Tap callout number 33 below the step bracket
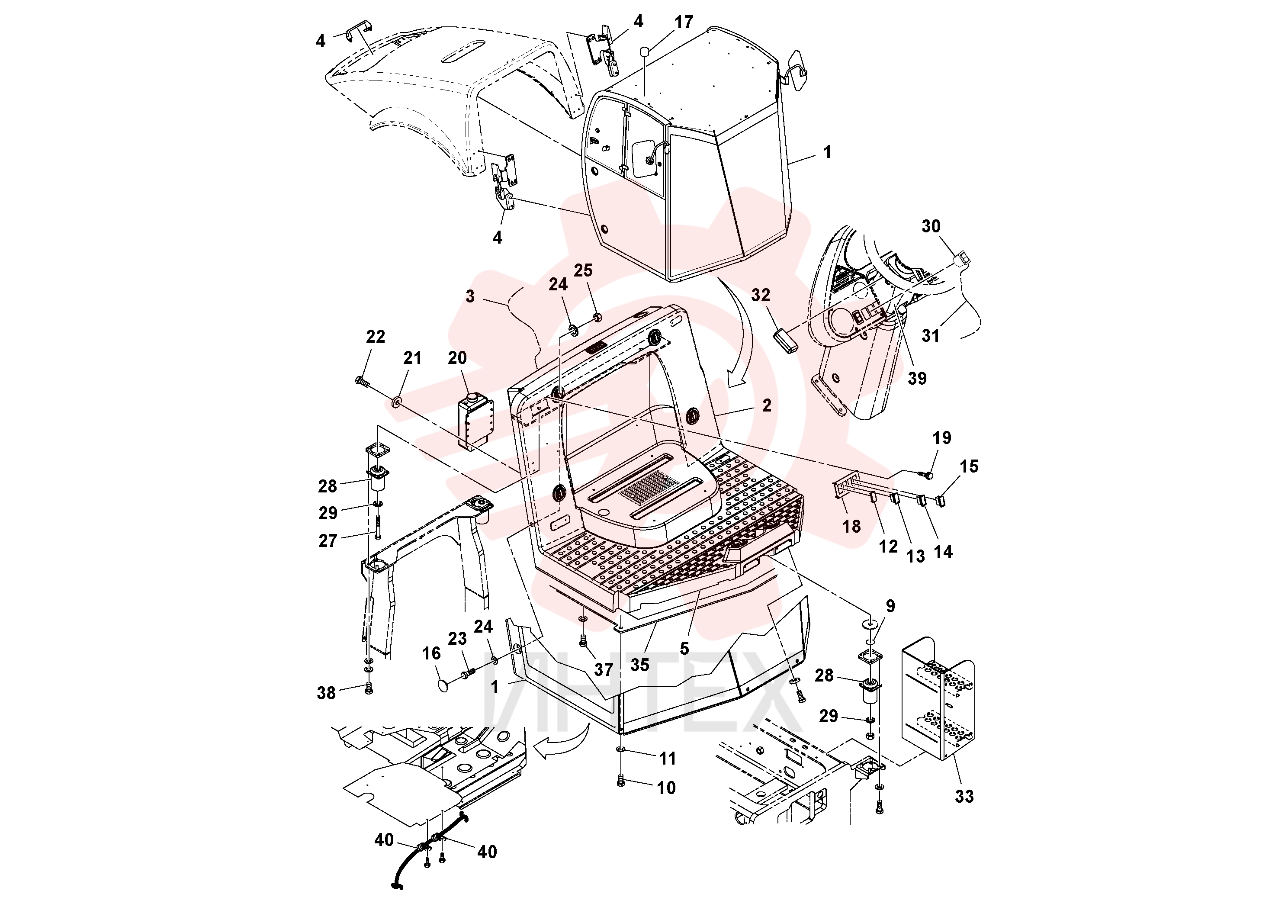pyautogui.click(x=964, y=796)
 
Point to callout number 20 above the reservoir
pyautogui.click(x=458, y=358)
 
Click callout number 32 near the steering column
pyautogui.click(x=761, y=295)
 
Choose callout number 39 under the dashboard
pyautogui.click(x=917, y=378)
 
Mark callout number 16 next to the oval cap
pyautogui.click(x=431, y=653)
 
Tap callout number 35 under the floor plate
pyautogui.click(x=639, y=665)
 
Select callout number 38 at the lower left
pyautogui.click(x=327, y=693)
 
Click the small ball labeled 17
pyautogui.click(x=645, y=51)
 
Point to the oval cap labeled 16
pyautogui.click(x=444, y=685)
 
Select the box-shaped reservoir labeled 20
pyautogui.click(x=475, y=421)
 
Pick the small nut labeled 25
pyautogui.click(x=597, y=317)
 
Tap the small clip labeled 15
pyautogui.click(x=941, y=501)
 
